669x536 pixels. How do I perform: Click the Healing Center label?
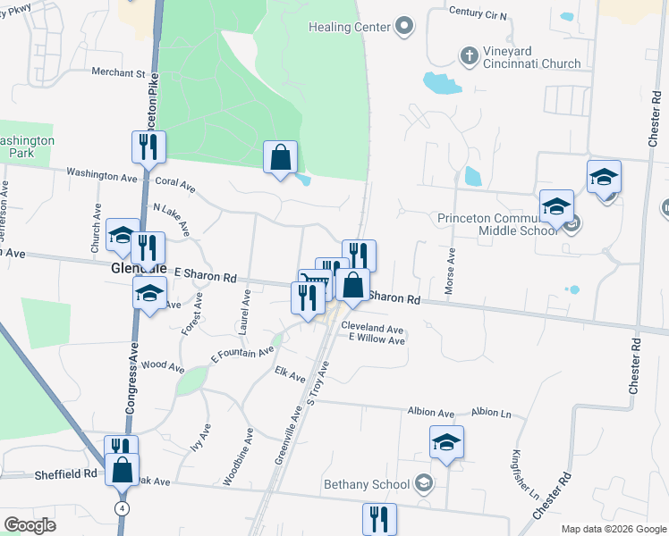[x=350, y=27]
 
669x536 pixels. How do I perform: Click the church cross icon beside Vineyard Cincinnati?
[x=468, y=55]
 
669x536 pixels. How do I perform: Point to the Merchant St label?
[x=117, y=72]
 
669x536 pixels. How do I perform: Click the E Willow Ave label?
[x=377, y=339]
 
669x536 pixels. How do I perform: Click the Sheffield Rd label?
[x=65, y=473]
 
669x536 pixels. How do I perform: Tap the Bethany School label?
[x=367, y=485]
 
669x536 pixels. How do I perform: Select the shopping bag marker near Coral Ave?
[x=280, y=157]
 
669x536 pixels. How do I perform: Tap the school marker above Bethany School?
[x=446, y=442]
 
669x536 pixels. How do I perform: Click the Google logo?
[x=30, y=525]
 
